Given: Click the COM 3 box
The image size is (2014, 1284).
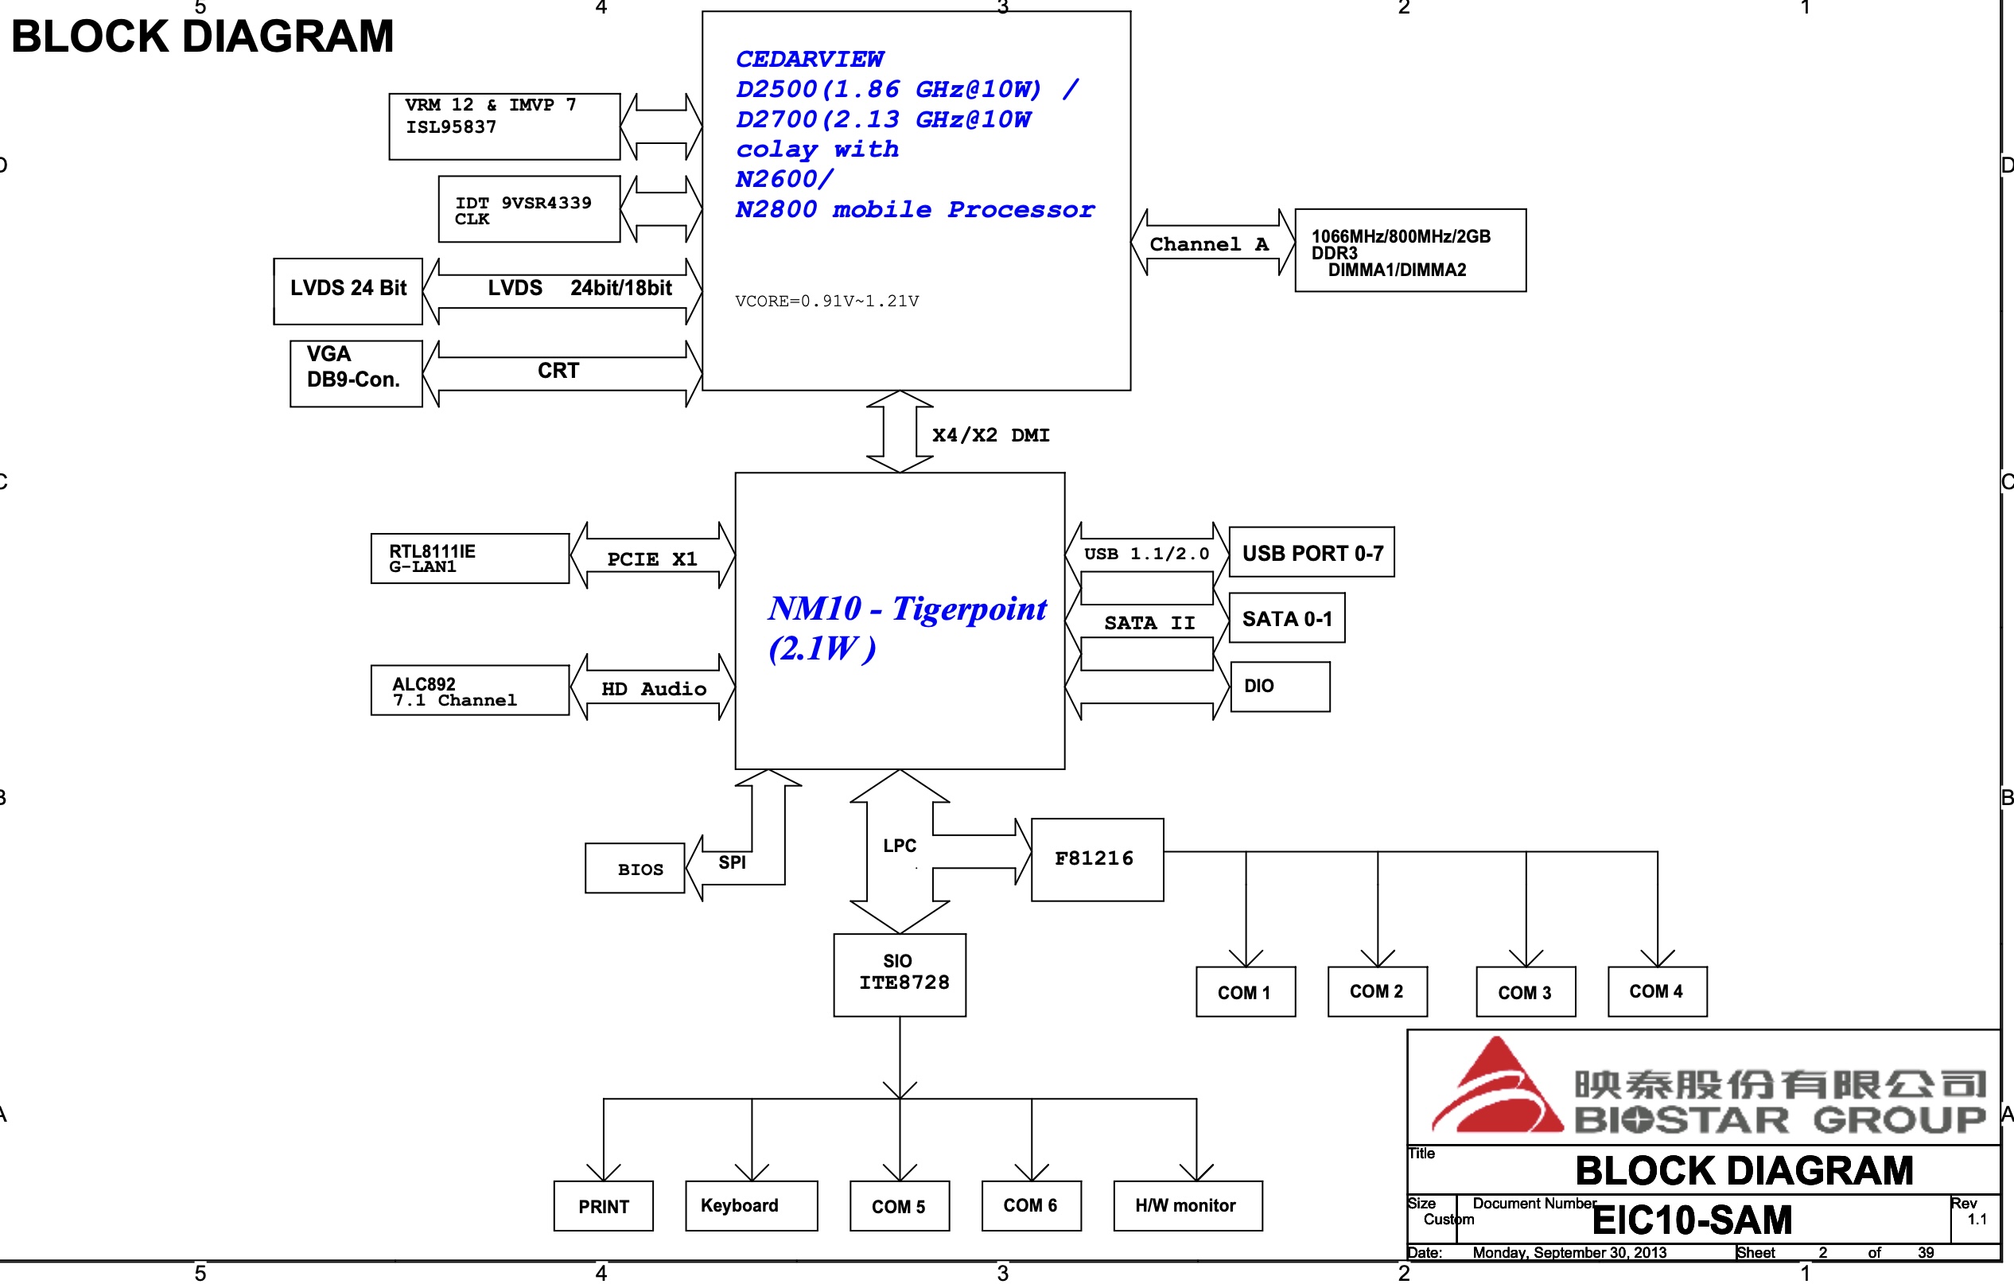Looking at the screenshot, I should tap(1525, 991).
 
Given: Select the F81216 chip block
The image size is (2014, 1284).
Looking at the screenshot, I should tap(1097, 859).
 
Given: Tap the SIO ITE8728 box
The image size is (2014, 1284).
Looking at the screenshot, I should tap(899, 975).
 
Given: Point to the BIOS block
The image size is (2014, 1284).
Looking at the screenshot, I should tap(635, 868).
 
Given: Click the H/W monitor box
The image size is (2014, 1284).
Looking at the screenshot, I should tap(1187, 1205).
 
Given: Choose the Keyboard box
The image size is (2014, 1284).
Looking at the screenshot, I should tap(750, 1205).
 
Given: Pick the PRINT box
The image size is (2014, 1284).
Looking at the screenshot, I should tap(603, 1205).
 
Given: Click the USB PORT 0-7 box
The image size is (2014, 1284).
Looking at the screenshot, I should tap(1311, 552).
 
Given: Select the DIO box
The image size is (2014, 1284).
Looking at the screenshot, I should tap(1280, 686).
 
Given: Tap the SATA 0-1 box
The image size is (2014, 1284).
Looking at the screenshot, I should tap(1286, 618).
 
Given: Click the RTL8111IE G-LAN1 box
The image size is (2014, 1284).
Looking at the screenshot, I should tap(469, 558).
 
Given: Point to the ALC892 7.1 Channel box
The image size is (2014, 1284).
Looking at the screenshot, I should tap(469, 690).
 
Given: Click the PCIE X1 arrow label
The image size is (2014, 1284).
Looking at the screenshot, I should tap(651, 558).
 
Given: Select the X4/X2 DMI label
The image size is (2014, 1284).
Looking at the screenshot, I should tap(990, 435).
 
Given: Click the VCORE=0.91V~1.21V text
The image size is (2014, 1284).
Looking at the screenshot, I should tap(826, 302).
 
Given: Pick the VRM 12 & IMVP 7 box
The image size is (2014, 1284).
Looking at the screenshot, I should tap(504, 126).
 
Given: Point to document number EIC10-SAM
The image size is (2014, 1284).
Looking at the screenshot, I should tap(1691, 1220).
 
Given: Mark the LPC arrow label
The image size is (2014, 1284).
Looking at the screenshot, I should tap(899, 846).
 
